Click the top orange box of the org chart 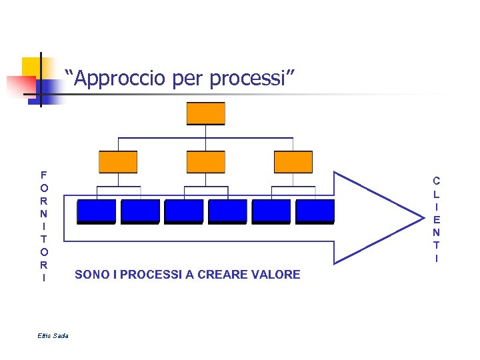206,113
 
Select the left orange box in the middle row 118,161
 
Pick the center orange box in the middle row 206,161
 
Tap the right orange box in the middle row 293,161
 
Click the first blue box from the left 96,211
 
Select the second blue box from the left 140,211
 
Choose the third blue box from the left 184,211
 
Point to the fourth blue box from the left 227,211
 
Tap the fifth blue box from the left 271,211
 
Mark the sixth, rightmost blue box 315,211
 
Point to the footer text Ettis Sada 53,335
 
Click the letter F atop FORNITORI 43,175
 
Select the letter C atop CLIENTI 436,181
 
